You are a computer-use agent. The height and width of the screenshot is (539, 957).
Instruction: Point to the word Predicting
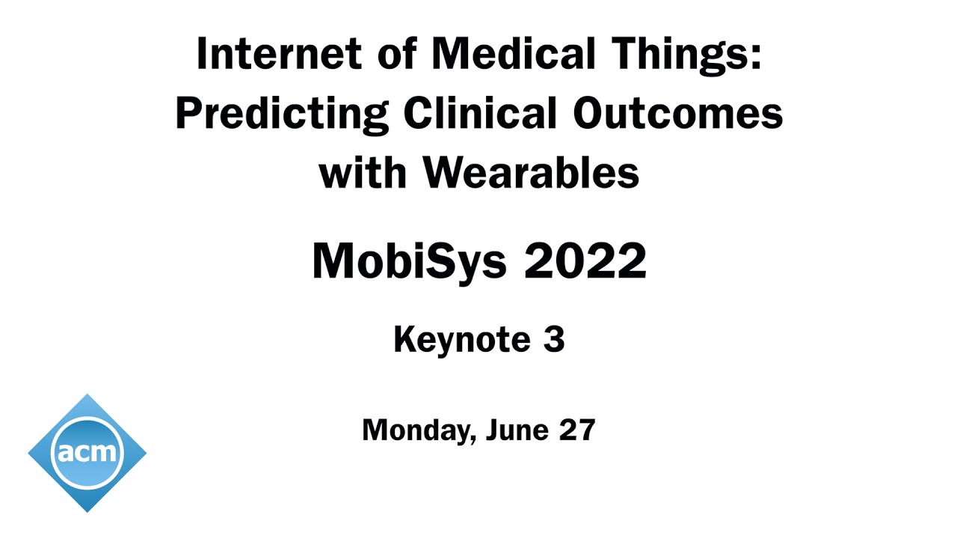(x=281, y=115)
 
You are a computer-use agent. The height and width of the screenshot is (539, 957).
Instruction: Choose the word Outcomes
(x=678, y=113)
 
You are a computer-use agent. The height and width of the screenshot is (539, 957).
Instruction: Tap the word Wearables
(x=532, y=172)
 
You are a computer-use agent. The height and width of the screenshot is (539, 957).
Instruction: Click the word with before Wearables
(x=363, y=172)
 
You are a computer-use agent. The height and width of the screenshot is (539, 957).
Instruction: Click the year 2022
(x=585, y=262)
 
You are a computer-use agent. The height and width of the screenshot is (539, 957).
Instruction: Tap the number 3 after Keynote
(x=554, y=340)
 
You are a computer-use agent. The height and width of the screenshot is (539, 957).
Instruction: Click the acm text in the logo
(x=87, y=452)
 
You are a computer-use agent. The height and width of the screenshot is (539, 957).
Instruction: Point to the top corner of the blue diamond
(x=87, y=395)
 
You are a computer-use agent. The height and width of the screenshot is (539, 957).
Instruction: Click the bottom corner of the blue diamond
(x=87, y=511)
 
